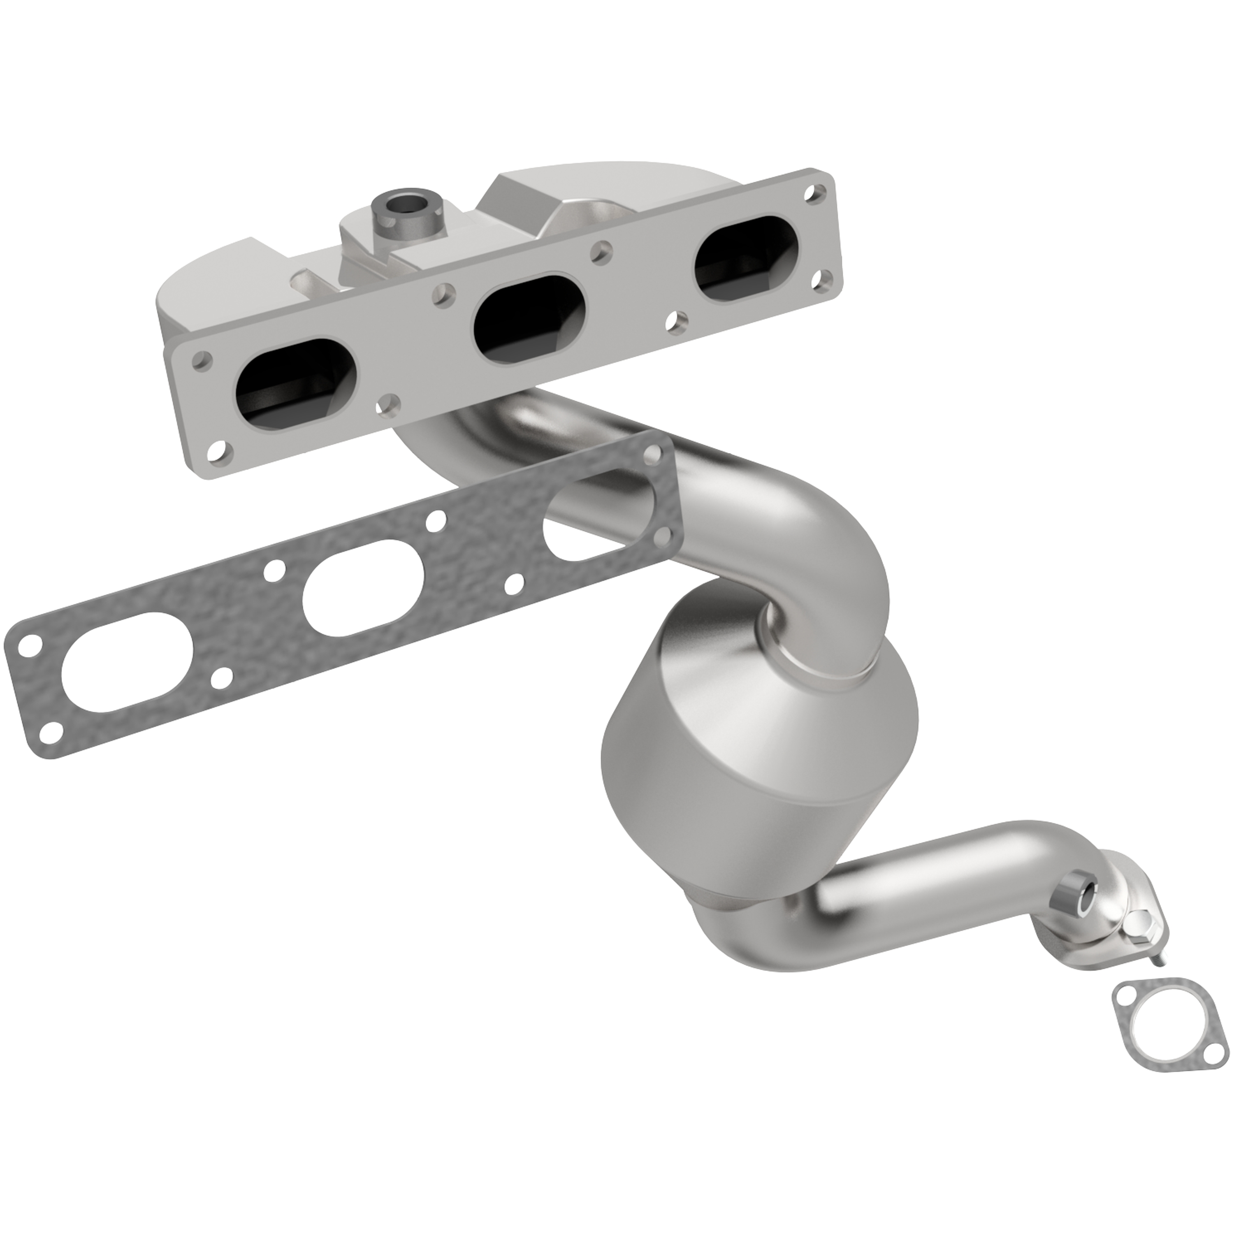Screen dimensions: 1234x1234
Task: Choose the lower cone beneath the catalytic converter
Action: pos(735,926)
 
